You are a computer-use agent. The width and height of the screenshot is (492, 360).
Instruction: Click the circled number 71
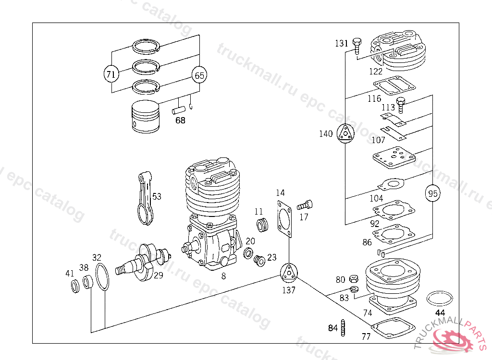111,74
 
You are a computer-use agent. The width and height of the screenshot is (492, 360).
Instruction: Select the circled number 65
199,75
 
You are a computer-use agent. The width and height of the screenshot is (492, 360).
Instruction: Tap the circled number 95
433,193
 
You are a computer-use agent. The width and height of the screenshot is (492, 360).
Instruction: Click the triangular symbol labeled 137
289,274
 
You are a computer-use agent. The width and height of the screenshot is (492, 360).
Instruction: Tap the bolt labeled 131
356,45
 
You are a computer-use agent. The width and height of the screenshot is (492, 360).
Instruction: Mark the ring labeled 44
440,298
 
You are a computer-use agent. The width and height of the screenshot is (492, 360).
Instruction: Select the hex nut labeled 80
353,278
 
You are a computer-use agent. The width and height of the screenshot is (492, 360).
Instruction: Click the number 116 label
374,99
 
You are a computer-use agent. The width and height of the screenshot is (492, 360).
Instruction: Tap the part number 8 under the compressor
223,276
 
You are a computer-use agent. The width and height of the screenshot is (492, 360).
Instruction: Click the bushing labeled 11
262,224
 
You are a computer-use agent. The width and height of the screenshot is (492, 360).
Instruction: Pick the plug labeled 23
259,261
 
